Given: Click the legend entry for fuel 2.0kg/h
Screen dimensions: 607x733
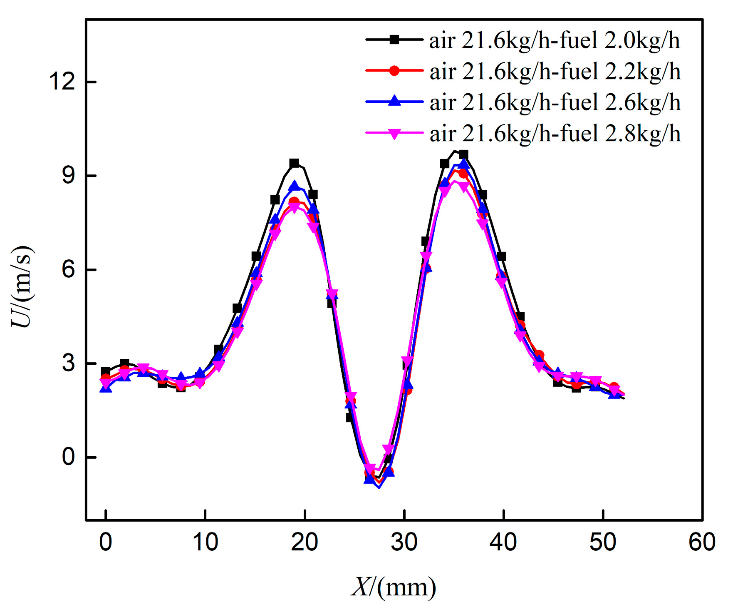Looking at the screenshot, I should tap(554, 41).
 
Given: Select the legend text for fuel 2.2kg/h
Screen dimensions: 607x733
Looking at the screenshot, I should tap(555, 72).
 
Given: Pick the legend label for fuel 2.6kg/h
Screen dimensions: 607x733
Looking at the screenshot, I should tap(555, 102).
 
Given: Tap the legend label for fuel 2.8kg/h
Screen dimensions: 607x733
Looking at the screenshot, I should tap(555, 134).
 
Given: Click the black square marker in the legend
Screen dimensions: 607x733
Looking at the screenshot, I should tap(394, 40).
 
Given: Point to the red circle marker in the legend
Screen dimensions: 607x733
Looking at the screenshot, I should tap(394, 71).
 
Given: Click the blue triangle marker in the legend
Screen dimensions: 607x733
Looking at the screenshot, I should tap(394, 101).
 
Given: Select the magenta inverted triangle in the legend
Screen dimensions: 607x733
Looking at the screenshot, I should tap(394, 133).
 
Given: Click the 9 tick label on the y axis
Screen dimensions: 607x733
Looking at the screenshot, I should tap(68, 175).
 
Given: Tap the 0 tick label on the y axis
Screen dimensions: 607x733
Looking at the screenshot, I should tap(68, 457).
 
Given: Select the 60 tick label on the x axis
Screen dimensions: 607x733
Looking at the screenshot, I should tap(702, 542).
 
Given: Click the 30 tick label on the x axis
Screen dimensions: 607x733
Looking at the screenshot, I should tap(404, 542).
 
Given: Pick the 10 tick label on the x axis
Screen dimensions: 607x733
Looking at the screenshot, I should tap(205, 542).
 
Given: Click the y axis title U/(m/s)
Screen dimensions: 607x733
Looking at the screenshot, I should tap(22, 286).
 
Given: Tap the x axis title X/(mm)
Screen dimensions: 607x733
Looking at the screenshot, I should tap(394, 587).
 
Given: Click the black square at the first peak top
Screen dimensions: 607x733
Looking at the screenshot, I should tap(294, 163).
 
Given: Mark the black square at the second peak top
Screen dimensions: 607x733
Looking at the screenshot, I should tap(463, 155).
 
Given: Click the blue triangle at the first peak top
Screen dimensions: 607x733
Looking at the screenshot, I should tap(295, 186).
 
